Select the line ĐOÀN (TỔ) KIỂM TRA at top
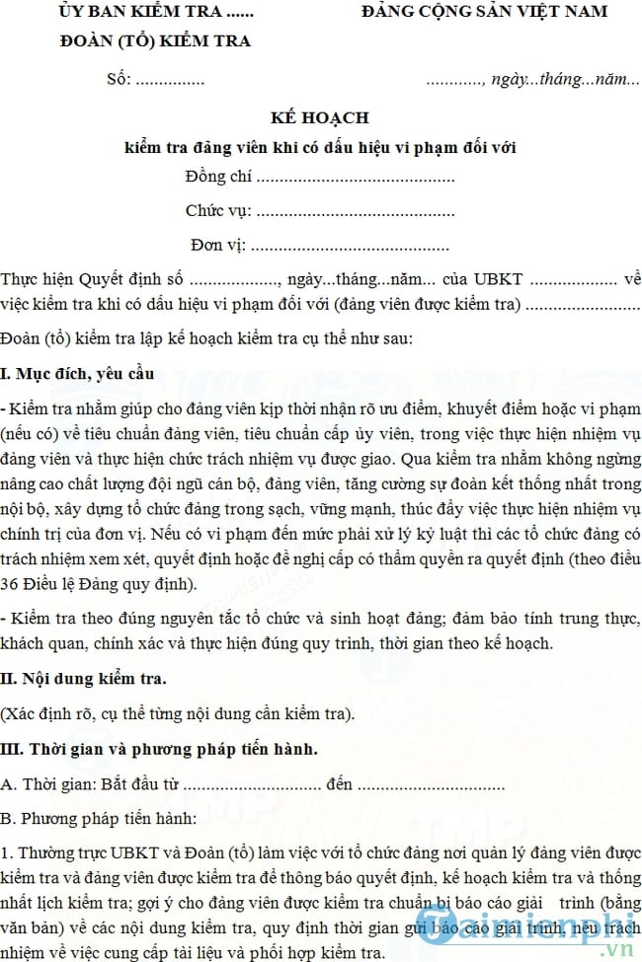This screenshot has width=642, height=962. point(155,41)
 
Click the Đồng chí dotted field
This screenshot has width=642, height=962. point(319,179)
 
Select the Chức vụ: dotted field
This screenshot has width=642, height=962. point(319,211)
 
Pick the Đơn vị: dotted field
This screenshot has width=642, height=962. point(319,245)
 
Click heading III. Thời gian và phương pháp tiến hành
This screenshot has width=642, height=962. point(159,749)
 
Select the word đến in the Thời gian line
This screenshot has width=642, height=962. point(340,785)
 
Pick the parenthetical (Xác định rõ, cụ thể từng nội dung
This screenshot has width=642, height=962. point(178,713)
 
